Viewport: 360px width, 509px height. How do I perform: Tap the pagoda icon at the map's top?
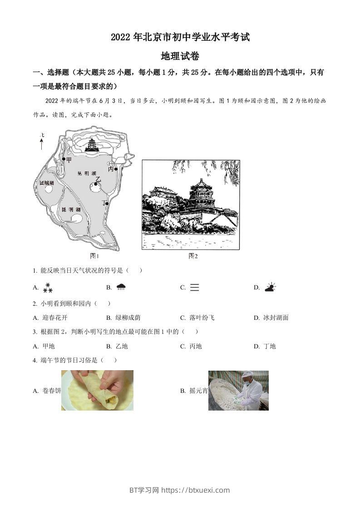click(x=93, y=145)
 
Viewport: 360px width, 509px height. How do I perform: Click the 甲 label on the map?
click(x=69, y=160)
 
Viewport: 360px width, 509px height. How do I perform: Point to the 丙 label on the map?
click(x=110, y=169)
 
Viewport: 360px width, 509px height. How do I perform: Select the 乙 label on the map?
click(x=98, y=180)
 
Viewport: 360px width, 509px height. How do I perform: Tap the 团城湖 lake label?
click(x=47, y=183)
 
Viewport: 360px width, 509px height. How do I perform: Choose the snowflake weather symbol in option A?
click(x=48, y=288)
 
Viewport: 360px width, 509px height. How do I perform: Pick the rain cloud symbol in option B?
click(x=121, y=287)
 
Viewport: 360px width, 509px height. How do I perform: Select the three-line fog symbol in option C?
click(x=194, y=287)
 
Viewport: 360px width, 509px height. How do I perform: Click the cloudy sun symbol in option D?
click(x=270, y=287)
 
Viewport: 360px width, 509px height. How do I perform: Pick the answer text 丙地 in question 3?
click(x=195, y=346)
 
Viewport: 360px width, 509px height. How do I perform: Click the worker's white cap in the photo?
click(x=247, y=375)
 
